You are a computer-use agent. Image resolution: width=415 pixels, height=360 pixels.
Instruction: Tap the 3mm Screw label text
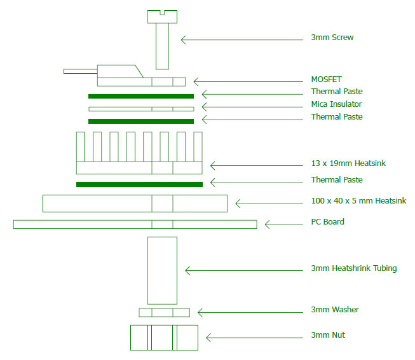(332, 38)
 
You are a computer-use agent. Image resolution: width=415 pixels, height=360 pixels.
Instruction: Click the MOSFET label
(326, 80)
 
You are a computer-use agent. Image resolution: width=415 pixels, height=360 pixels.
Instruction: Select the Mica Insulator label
(336, 104)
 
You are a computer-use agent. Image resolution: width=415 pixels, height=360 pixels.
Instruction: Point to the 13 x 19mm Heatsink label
(348, 163)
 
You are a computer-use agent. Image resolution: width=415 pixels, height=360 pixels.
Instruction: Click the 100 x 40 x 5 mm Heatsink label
(358, 201)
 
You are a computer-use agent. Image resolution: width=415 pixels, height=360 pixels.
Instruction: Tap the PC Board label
(327, 222)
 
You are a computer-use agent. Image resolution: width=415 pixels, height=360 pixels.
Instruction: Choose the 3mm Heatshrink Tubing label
(353, 268)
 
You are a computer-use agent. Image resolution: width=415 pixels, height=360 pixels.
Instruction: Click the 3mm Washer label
(334, 310)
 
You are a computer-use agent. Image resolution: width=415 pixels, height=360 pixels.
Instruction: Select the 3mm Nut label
(328, 335)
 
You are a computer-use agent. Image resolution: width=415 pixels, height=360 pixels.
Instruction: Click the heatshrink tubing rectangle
(162, 270)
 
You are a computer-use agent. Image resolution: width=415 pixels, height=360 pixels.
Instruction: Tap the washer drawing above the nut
(164, 312)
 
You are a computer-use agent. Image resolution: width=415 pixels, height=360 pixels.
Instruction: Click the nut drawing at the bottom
(164, 337)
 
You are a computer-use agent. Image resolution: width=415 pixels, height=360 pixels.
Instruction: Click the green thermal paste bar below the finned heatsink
(139, 184)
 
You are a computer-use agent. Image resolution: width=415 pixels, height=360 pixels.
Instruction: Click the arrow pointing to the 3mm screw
(242, 39)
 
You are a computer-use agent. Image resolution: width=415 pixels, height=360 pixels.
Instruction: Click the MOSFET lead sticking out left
(79, 70)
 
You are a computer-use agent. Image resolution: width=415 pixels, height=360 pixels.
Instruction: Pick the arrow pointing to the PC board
(283, 224)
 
